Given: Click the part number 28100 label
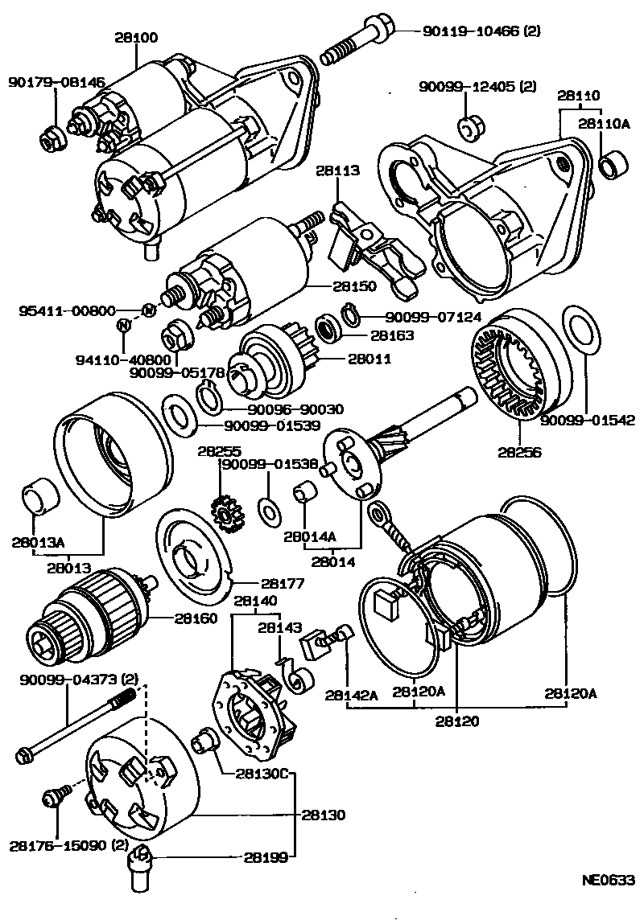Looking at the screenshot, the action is point(135,38).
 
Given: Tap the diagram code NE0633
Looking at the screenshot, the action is point(609,880).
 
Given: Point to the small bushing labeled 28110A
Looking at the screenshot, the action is point(614,164).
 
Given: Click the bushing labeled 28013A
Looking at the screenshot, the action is point(40,496).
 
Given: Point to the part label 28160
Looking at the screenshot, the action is point(195,618).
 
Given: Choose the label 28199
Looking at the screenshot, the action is point(266,857).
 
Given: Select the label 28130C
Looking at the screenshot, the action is point(262,774).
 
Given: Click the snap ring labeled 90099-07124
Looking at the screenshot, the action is point(350,315).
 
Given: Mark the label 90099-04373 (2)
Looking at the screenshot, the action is point(79,680).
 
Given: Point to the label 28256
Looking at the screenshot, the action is point(519,453).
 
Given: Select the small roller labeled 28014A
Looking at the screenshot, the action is point(304,491).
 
